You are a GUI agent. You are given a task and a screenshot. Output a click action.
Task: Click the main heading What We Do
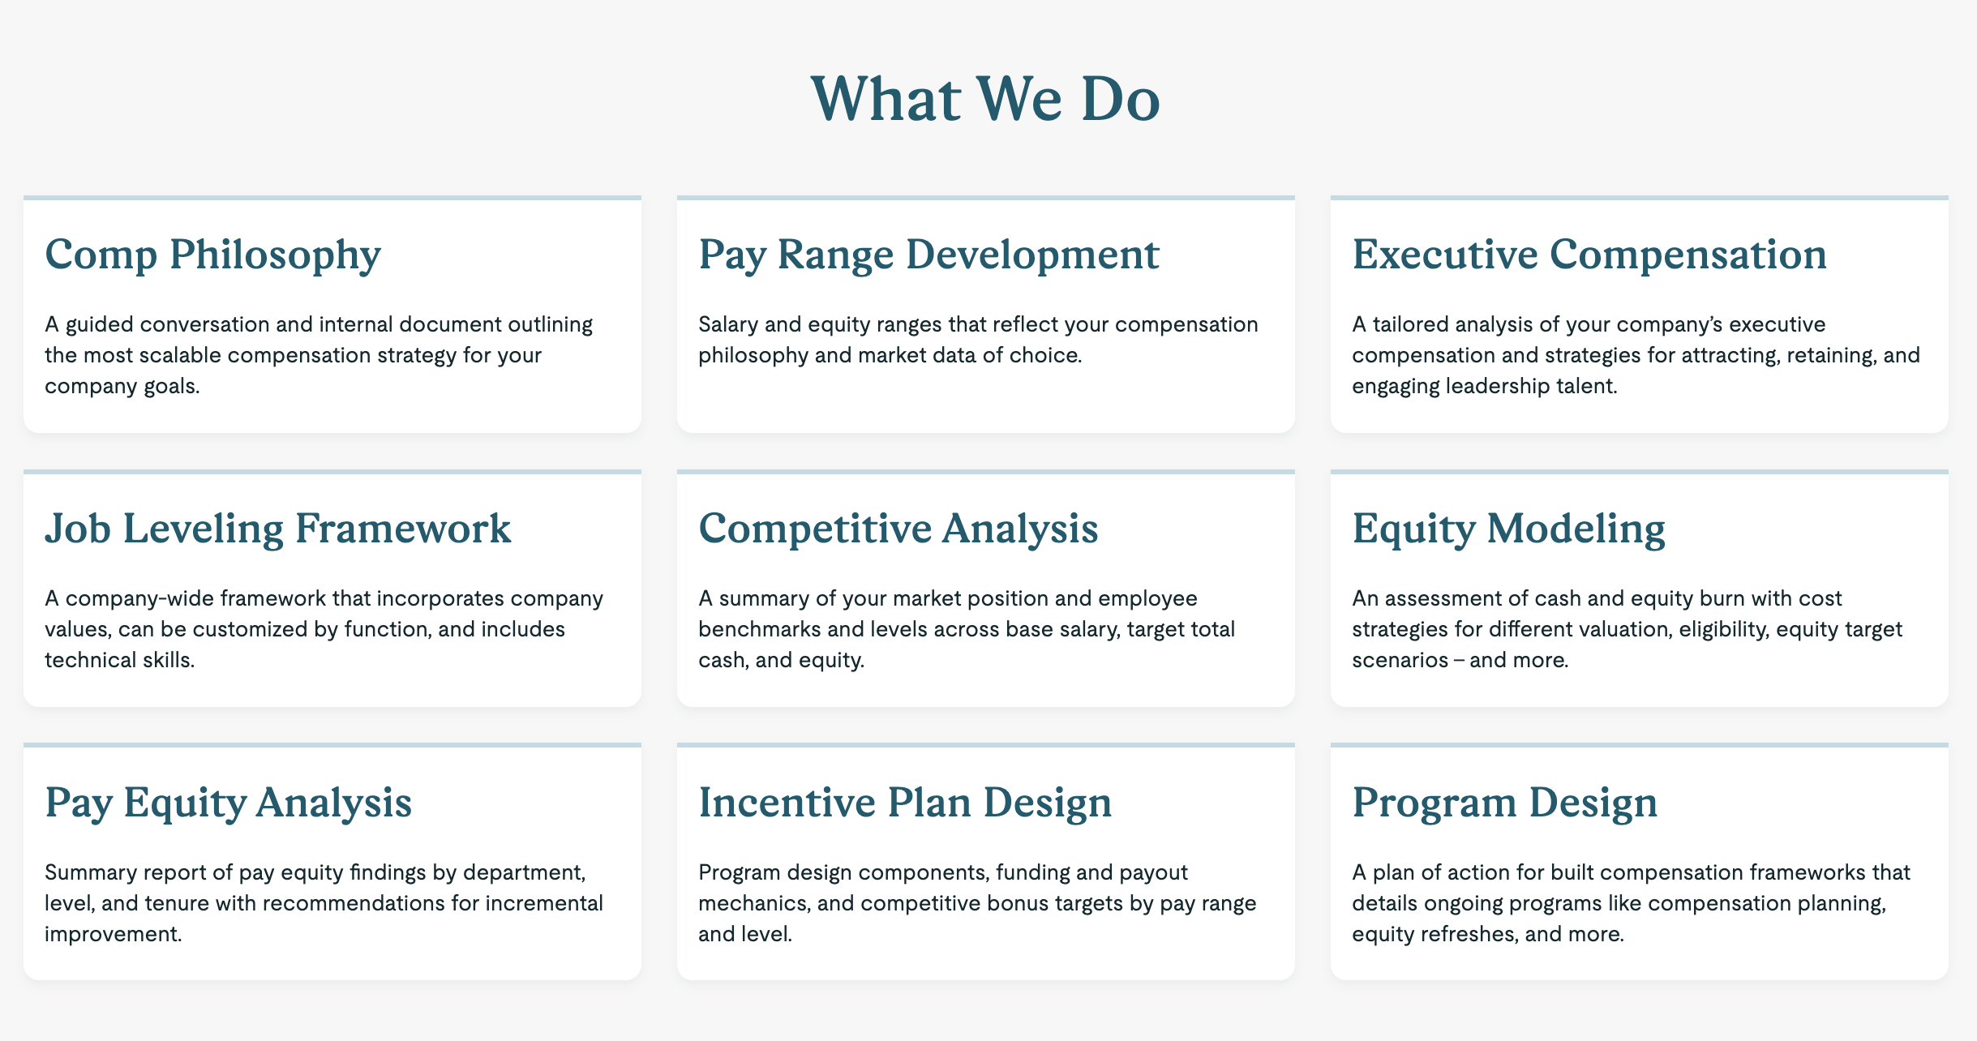tap(985, 99)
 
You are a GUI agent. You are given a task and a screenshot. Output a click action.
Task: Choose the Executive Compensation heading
tap(1589, 255)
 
